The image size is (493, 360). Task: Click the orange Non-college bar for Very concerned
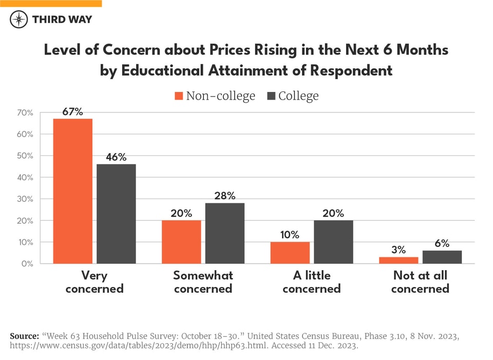(x=73, y=191)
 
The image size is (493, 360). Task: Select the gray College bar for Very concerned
(x=116, y=214)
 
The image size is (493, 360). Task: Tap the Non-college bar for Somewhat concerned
(x=181, y=242)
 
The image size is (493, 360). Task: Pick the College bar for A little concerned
(x=333, y=242)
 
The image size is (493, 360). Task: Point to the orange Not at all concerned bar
(x=399, y=260)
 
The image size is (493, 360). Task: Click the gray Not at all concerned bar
(x=442, y=257)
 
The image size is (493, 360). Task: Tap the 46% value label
(x=116, y=157)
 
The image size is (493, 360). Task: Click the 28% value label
(x=225, y=196)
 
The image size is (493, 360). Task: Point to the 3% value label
(x=399, y=250)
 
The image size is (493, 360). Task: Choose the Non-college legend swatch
(x=179, y=96)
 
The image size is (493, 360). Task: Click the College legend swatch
(x=271, y=96)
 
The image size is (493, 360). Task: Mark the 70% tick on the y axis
(x=25, y=112)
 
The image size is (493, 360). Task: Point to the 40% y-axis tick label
(x=25, y=177)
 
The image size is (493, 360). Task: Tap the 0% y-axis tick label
(x=27, y=263)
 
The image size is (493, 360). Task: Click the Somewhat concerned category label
(x=203, y=282)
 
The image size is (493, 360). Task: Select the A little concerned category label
(x=311, y=282)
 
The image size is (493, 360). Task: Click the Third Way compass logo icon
(x=19, y=20)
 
